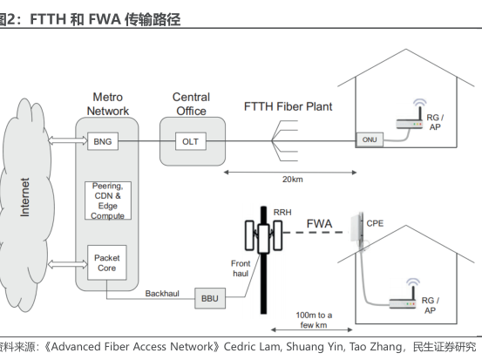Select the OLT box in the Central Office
tap(189, 140)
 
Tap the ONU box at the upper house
tap(369, 140)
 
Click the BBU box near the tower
tap(210, 297)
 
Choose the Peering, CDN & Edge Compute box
tap(108, 201)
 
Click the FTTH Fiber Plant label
tap(287, 106)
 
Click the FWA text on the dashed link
tap(320, 225)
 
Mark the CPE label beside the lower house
tap(375, 223)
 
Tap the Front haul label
tap(241, 267)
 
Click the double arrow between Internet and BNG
tap(64, 140)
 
